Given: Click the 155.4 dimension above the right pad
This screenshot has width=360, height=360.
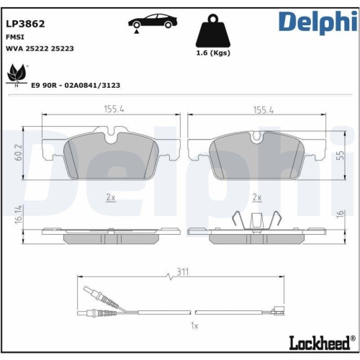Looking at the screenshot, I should tap(262, 109).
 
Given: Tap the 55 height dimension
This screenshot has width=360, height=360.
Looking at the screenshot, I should tap(340, 155).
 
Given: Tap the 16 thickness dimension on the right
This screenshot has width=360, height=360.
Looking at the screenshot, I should tap(340, 214).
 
